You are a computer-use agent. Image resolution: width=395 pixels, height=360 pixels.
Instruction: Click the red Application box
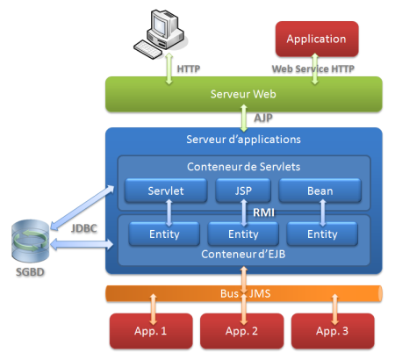[x=317, y=39]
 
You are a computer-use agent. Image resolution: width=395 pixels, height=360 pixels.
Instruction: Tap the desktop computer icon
[x=160, y=33]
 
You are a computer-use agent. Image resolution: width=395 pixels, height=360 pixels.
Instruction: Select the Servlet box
[x=166, y=191]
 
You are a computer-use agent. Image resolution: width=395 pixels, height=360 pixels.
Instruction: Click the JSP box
[x=243, y=191]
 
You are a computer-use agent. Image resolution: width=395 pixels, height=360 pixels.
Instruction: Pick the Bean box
[x=320, y=191]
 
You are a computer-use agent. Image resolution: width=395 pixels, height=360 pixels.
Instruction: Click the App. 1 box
[x=151, y=331]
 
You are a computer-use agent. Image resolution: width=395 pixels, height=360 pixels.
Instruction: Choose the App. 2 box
[x=242, y=331]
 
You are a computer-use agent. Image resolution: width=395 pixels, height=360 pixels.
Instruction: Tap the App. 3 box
[x=333, y=331]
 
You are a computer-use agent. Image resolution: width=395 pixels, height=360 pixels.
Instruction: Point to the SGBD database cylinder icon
[x=30, y=241]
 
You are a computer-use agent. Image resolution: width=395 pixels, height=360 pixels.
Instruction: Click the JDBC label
[x=84, y=228]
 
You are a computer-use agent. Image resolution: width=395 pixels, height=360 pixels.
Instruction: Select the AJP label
[x=263, y=118]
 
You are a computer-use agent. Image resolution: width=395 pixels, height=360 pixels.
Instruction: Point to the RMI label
[x=263, y=212]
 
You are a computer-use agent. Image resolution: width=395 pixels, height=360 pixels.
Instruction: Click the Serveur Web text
[x=243, y=94]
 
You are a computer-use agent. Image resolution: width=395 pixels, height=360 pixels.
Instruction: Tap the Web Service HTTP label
[x=313, y=68]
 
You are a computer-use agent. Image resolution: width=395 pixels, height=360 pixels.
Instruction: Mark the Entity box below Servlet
[x=164, y=234]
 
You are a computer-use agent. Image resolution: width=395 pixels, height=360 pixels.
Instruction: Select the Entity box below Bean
[x=322, y=234]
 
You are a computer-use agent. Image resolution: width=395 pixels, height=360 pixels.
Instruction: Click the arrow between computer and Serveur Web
[x=169, y=68]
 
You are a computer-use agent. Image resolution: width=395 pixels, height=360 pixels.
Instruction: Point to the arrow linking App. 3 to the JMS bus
[x=334, y=309]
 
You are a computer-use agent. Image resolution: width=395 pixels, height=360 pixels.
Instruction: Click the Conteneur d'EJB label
[x=243, y=254]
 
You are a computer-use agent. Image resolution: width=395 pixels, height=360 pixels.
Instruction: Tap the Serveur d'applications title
[x=243, y=140]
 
